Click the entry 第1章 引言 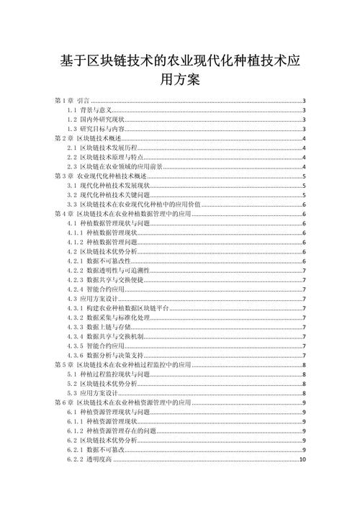pyautogui.click(x=71, y=101)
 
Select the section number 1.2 pyautogui.click(x=73, y=119)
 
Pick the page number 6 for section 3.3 pyautogui.click(x=305, y=204)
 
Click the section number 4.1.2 pyautogui.click(x=75, y=243)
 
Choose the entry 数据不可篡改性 pyautogui.click(x=108, y=261)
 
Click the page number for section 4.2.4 pyautogui.click(x=305, y=289)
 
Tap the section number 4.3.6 pyautogui.click(x=75, y=355)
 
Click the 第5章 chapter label pyautogui.click(x=65, y=365)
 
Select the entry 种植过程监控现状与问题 pyautogui.click(x=115, y=374)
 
